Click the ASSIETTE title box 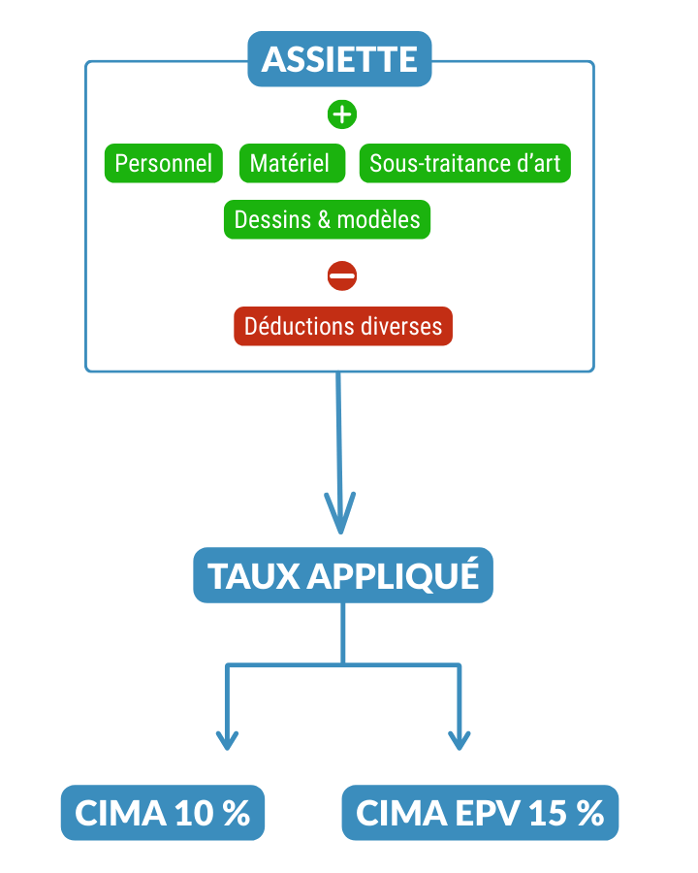(x=339, y=59)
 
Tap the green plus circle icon (x=341, y=113)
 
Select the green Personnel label (x=163, y=164)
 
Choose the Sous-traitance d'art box (x=464, y=164)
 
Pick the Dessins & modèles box (x=327, y=220)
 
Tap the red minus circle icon (x=341, y=275)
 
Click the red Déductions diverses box (x=342, y=326)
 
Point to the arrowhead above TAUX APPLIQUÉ (x=339, y=514)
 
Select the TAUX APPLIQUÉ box (x=343, y=576)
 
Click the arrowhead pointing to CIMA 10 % (x=227, y=739)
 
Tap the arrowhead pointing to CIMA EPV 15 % (x=459, y=739)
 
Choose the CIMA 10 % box (x=162, y=813)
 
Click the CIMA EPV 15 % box (x=480, y=813)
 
